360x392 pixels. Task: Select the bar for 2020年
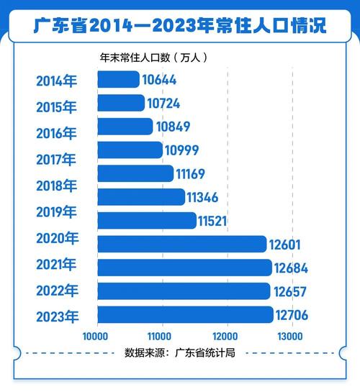[x=181, y=245]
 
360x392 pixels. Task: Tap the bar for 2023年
[x=184, y=314]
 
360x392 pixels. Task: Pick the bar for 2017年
[x=129, y=150]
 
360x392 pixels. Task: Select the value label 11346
[x=208, y=197]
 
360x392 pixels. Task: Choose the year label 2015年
[x=56, y=107]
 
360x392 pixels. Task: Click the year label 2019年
[x=56, y=212]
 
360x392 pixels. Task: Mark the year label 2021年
[x=56, y=265]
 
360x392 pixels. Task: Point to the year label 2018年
[x=56, y=186]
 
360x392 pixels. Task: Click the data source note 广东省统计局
[x=180, y=354]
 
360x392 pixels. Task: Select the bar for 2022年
[x=183, y=291]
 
